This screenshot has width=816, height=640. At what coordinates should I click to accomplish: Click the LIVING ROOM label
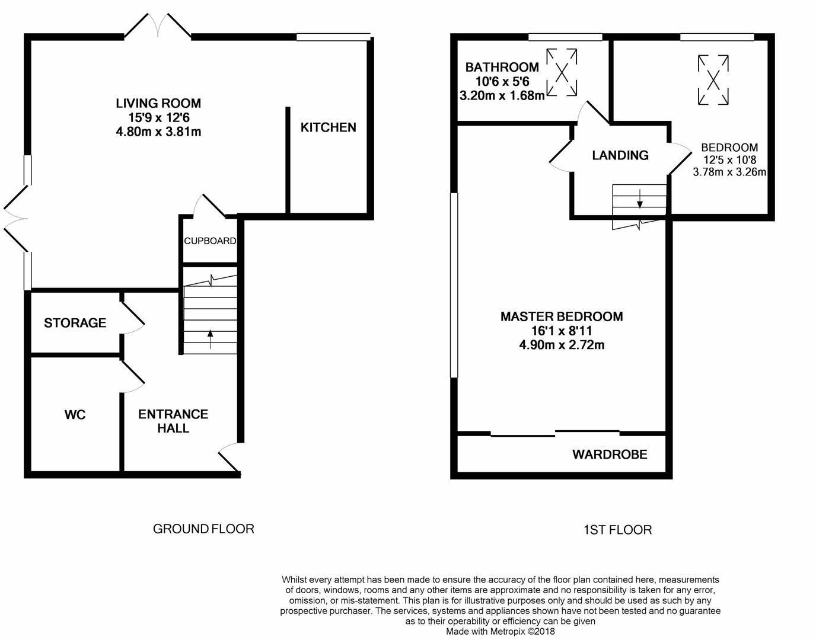tap(158, 103)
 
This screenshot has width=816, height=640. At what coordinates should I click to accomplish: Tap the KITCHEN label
tap(328, 127)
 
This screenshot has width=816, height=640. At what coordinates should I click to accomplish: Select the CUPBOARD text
tap(210, 241)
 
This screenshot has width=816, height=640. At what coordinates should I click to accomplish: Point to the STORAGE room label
tap(75, 323)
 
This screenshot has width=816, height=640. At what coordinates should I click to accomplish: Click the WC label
tap(75, 415)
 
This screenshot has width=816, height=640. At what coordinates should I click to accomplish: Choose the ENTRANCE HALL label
tap(173, 421)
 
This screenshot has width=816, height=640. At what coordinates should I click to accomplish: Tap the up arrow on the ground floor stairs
tap(210, 338)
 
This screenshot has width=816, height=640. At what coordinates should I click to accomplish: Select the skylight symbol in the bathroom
tap(561, 72)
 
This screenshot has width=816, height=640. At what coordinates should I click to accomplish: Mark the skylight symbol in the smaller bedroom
tap(713, 79)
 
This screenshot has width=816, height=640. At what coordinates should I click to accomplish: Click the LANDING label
tap(620, 155)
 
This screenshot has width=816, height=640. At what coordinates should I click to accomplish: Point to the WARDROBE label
tap(610, 455)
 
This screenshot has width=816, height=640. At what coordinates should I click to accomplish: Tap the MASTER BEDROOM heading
tap(562, 316)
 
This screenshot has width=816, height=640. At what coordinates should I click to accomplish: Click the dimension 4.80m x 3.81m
tap(158, 132)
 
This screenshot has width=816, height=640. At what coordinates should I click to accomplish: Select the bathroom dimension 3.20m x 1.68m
tap(502, 95)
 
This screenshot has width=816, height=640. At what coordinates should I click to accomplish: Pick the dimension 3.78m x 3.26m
tap(729, 172)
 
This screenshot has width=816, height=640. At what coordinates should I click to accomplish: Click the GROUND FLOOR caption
tap(203, 529)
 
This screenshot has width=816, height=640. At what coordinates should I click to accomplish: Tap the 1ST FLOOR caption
tap(617, 530)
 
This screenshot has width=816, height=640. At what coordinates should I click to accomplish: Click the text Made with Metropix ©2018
tap(501, 632)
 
